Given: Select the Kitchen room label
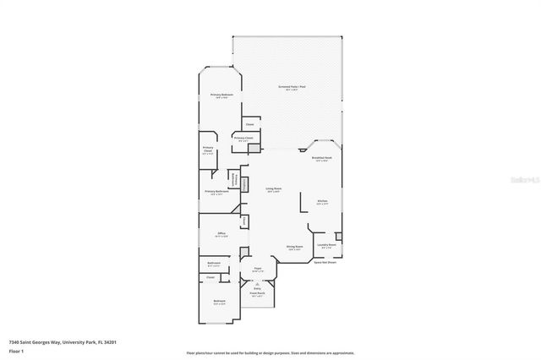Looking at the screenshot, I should click(322, 201).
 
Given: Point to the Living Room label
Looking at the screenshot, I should click(273, 188).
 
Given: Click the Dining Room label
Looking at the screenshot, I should click(294, 248).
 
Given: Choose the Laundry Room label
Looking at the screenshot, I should click(326, 245).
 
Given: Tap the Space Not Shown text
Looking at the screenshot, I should click(326, 263).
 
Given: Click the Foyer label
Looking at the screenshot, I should click(258, 269).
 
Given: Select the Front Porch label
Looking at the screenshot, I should click(256, 295).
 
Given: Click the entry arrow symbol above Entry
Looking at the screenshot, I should click(257, 283).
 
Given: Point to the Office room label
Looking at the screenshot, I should click(221, 233).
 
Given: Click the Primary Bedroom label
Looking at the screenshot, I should click(221, 95).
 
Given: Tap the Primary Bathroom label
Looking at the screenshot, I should click(217, 192).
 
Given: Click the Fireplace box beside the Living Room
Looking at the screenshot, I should click(245, 185).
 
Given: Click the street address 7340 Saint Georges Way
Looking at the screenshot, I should click(62, 341).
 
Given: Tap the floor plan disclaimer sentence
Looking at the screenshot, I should click(269, 352).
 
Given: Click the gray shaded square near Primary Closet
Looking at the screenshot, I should click(253, 148).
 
